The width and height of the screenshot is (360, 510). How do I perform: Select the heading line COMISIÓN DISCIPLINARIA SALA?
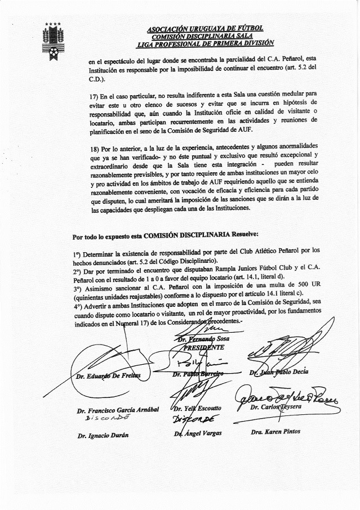coord(205,35)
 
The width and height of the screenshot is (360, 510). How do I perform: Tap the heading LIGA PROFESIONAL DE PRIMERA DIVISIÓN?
coord(205,43)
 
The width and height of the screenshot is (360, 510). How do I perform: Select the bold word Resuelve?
coord(242,234)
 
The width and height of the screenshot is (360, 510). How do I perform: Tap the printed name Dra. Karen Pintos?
coord(275,432)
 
